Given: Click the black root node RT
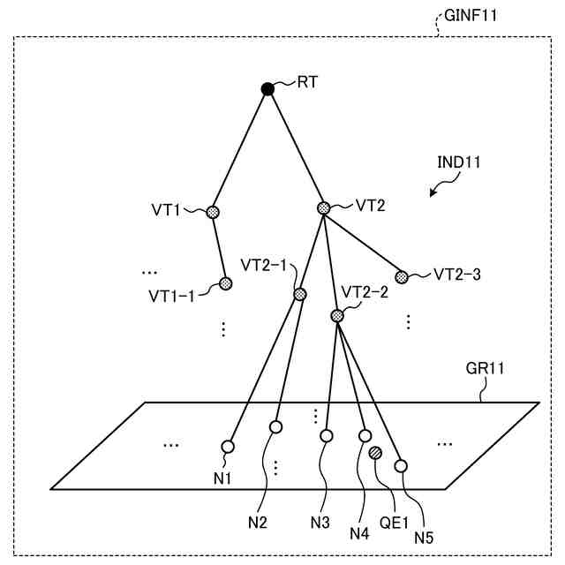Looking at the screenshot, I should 267,88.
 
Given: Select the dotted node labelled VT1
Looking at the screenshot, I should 213,212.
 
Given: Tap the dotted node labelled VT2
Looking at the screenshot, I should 323,208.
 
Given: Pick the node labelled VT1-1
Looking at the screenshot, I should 225,283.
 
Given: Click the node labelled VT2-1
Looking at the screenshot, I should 300,294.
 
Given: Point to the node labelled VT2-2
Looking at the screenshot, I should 337,315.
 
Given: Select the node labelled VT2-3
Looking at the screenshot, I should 402,276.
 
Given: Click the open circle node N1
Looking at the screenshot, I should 228,446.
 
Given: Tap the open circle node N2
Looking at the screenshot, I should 275,427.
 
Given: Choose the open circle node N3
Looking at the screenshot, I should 327,436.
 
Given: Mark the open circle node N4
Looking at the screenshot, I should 365,435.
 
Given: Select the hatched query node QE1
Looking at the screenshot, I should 375,453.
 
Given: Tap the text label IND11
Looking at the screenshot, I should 459,162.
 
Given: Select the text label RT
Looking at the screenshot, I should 308,82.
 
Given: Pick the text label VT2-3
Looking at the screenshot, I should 456,274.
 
